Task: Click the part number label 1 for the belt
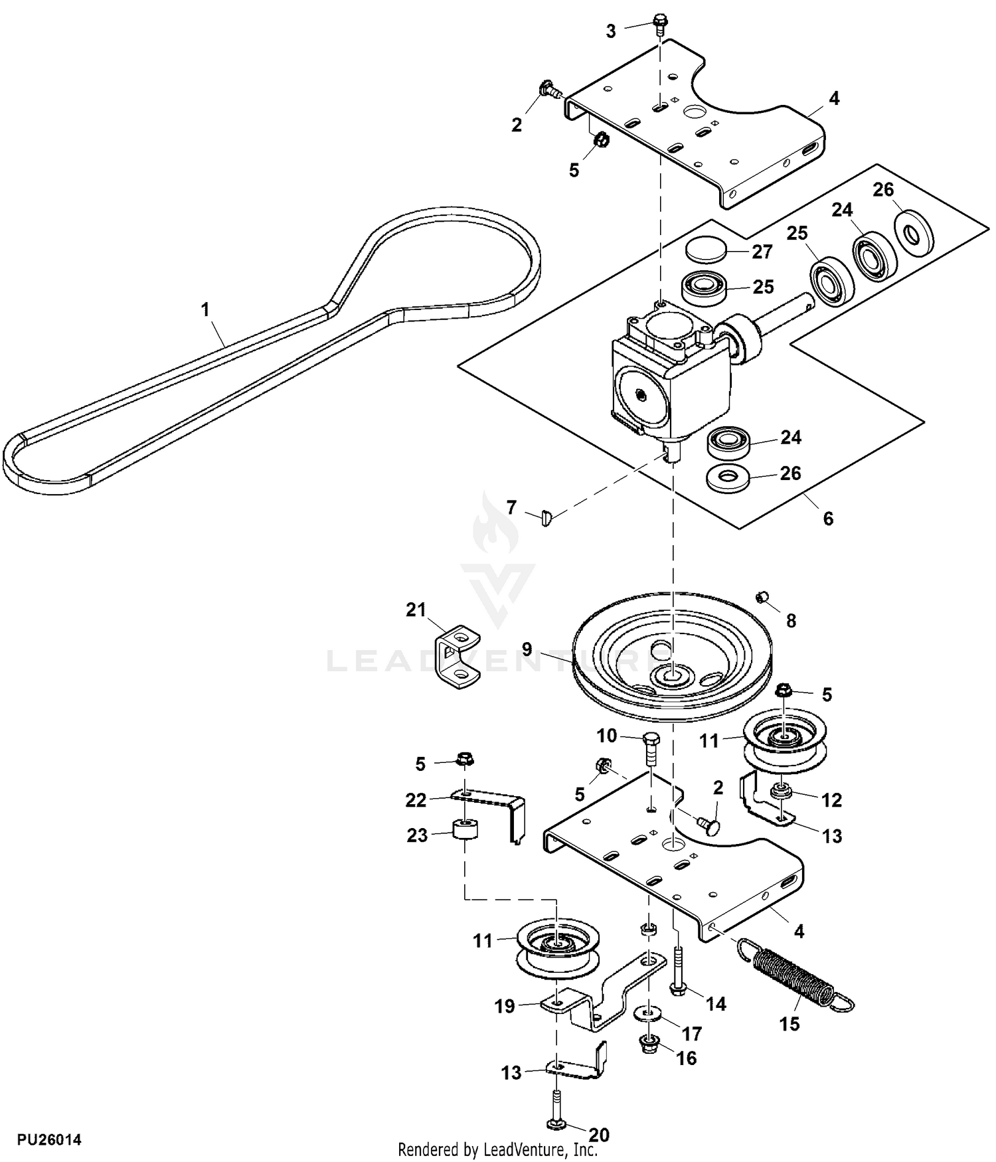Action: pyautogui.click(x=205, y=309)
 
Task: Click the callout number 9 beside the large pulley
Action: pyautogui.click(x=527, y=649)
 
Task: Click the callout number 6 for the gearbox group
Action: pyautogui.click(x=827, y=518)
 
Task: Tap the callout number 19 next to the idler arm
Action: pyautogui.click(x=505, y=1007)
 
